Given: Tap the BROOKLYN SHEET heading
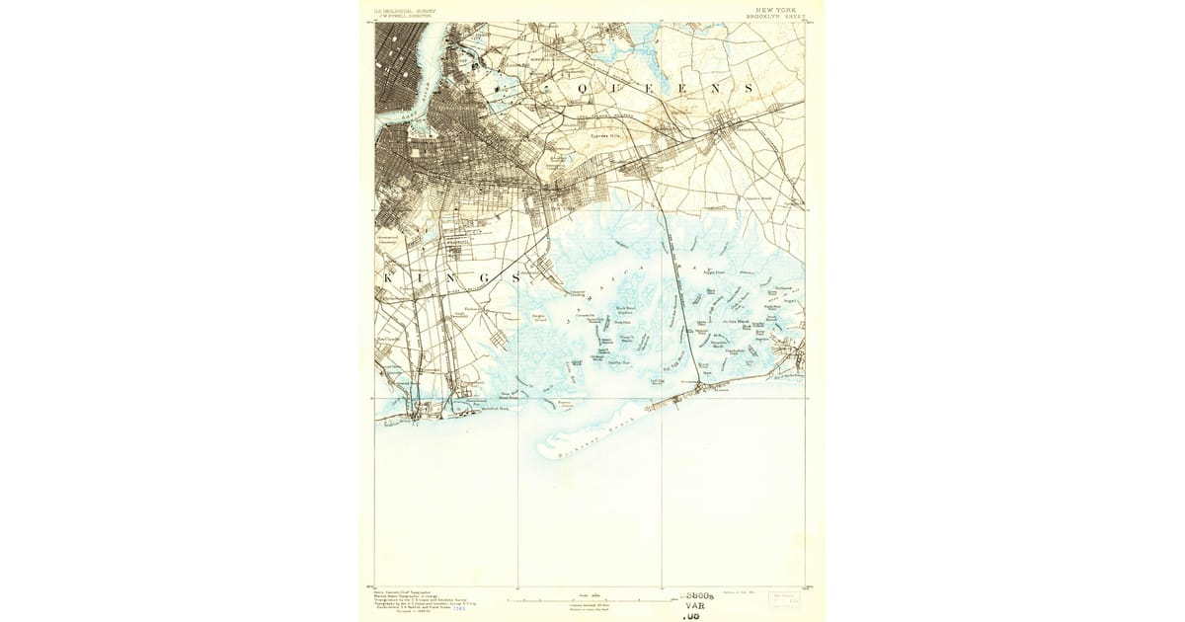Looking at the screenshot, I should tap(775, 17).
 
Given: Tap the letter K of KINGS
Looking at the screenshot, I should tap(387, 278).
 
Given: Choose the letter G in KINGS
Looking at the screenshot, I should tap(486, 278).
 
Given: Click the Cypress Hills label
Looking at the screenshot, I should tap(602, 137).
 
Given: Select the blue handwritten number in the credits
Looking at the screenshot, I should tap(458, 608).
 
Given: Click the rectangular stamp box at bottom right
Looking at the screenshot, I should tap(785, 598).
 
